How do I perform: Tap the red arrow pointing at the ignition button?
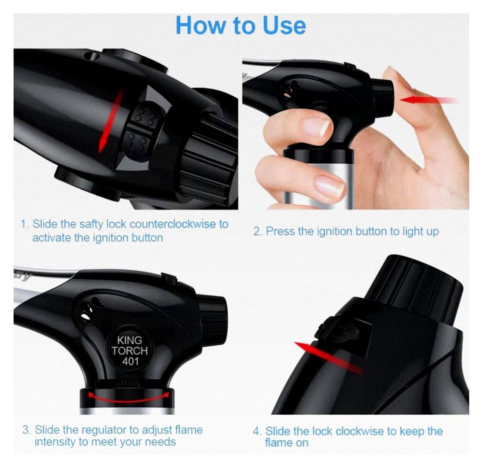pos(429,100)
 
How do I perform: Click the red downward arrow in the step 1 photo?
pos(110,121)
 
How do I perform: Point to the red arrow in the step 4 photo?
pos(328,358)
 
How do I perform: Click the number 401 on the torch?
pos(130,361)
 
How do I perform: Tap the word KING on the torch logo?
pos(129,340)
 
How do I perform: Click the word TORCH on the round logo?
pos(130,351)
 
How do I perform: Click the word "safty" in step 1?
pos(91,225)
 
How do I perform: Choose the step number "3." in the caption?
pos(26,430)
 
